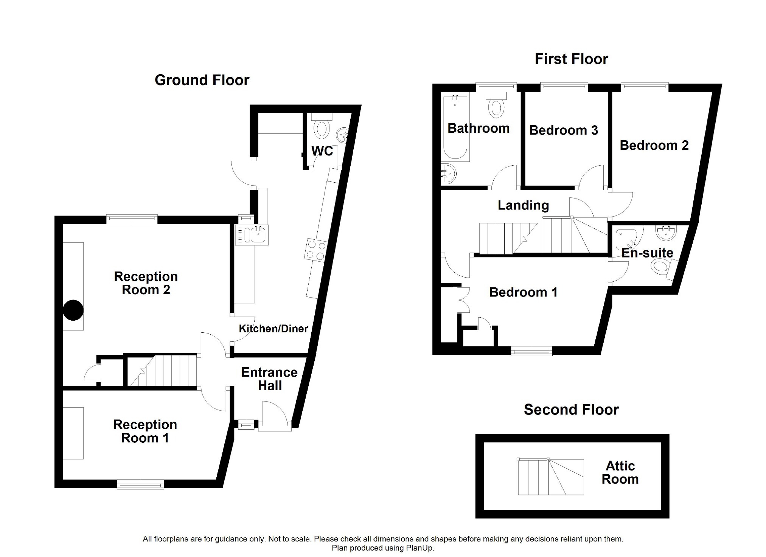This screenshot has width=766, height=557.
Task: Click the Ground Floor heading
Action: pyautogui.click(x=202, y=80)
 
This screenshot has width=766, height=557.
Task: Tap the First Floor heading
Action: pyautogui.click(x=571, y=59)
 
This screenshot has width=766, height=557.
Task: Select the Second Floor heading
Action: pyautogui.click(x=571, y=410)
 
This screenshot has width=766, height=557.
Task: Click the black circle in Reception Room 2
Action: pyautogui.click(x=73, y=310)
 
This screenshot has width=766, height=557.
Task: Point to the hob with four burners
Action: pyautogui.click(x=316, y=250)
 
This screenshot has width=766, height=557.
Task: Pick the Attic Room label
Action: pyautogui.click(x=620, y=472)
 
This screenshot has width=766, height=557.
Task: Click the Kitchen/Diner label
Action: pyautogui.click(x=273, y=329)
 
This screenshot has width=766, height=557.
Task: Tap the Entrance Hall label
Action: pyautogui.click(x=269, y=379)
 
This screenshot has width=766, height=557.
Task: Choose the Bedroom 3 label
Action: pyautogui.click(x=564, y=130)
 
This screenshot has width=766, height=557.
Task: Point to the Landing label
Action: pyautogui.click(x=523, y=205)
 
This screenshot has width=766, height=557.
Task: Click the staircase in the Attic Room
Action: pyautogui.click(x=550, y=477)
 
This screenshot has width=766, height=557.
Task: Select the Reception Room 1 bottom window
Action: pyautogui.click(x=140, y=484)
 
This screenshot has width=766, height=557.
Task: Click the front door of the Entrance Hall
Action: pyautogui.click(x=275, y=426)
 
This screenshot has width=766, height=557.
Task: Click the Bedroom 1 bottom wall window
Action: pyautogui.click(x=531, y=351)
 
